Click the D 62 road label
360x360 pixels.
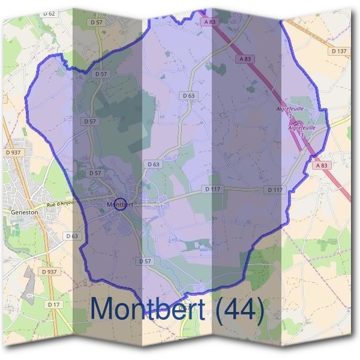[x=49, y=13]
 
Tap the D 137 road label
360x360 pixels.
[x=338, y=52]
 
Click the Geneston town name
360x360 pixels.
[x=24, y=212]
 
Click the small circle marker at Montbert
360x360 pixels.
[x=119, y=204]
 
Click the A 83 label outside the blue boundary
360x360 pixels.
[x=322, y=165]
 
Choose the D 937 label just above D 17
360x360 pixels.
[x=49, y=272]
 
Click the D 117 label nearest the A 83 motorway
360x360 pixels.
[x=275, y=190]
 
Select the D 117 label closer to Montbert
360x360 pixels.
[x=211, y=189]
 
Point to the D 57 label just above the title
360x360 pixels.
[x=144, y=261]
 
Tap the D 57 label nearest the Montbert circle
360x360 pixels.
[x=95, y=173]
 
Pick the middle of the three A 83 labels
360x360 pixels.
[x=245, y=59]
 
